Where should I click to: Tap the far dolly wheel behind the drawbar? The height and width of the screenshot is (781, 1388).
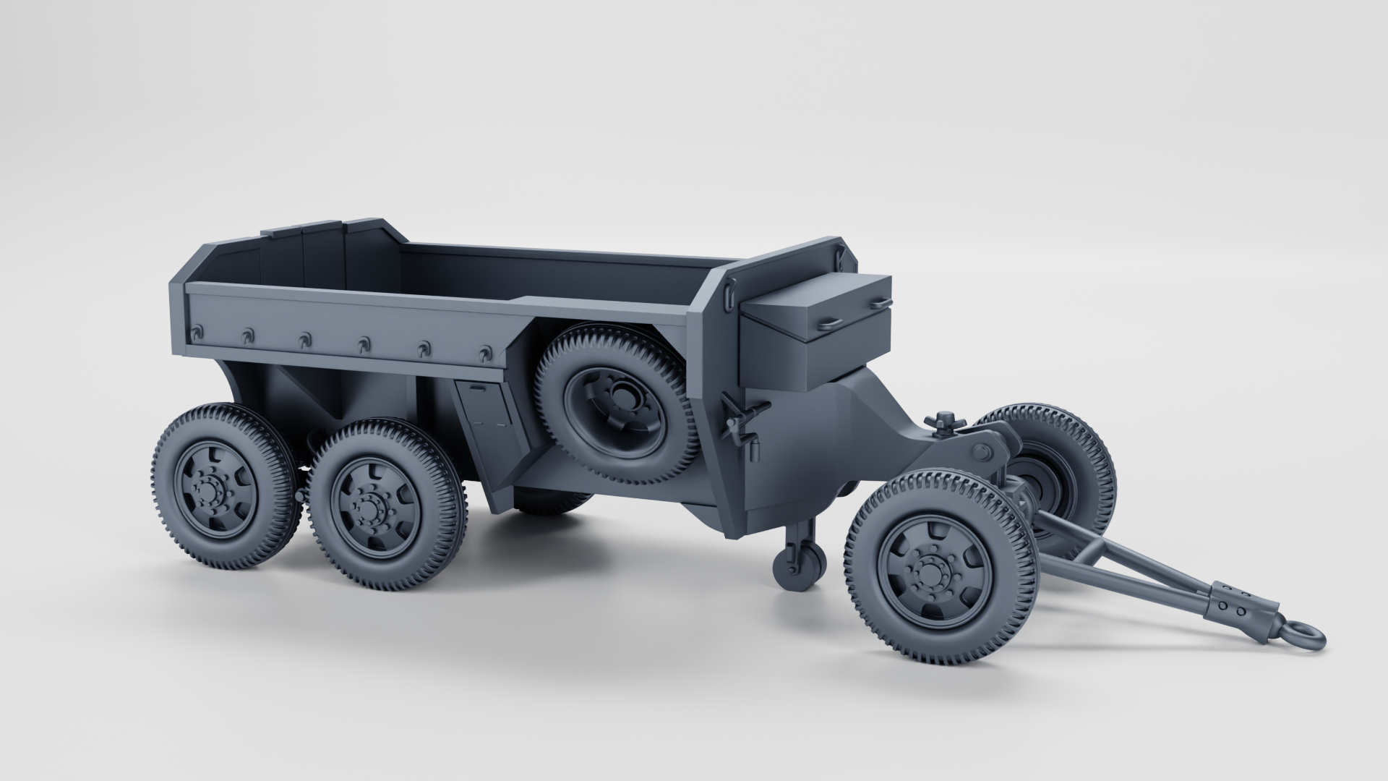[1063, 463]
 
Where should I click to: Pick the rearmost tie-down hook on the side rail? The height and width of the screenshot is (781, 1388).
[196, 332]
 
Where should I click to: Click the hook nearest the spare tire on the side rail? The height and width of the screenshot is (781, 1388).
[484, 354]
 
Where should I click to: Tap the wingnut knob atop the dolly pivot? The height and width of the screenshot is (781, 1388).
[941, 422]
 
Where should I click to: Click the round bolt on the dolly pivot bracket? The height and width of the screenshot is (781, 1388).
[981, 453]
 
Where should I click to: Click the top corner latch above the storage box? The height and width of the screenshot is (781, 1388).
[841, 253]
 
